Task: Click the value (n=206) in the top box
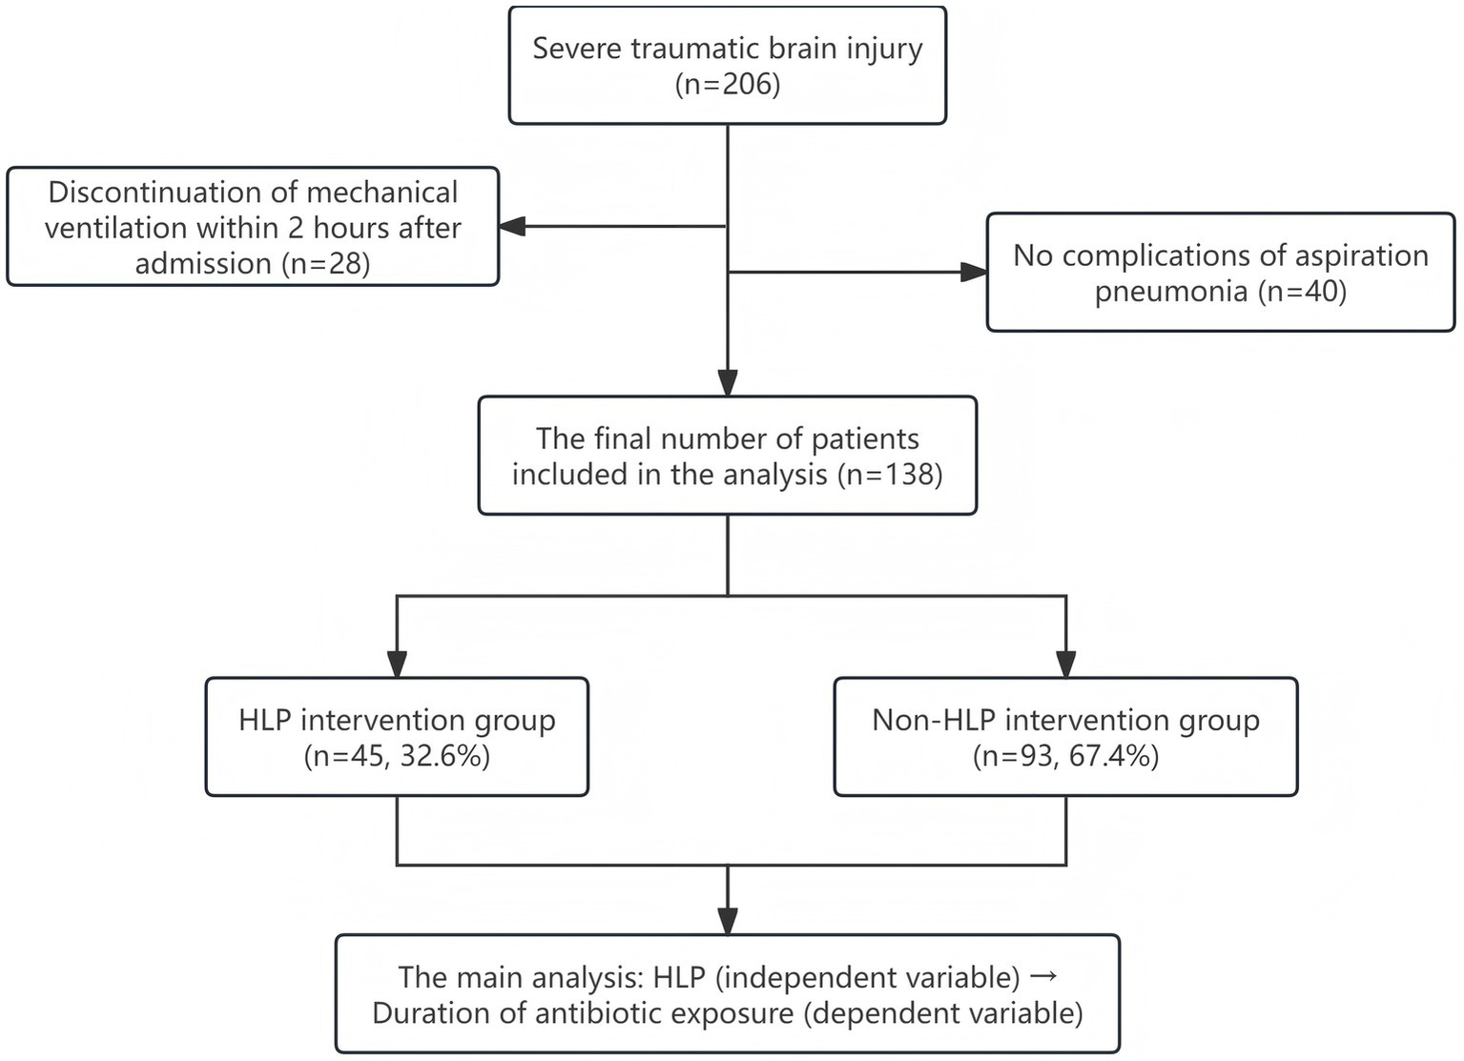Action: click(727, 85)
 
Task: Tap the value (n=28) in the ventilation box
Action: click(326, 263)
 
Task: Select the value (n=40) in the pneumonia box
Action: click(1302, 291)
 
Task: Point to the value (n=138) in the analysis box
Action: click(890, 474)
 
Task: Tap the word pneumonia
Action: click(1171, 291)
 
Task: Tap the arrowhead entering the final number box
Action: click(728, 383)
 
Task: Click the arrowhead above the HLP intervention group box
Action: click(397, 664)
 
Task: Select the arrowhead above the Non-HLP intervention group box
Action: click(1065, 664)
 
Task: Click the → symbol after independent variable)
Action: click(1043, 976)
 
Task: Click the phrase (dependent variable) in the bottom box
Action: click(943, 1012)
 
